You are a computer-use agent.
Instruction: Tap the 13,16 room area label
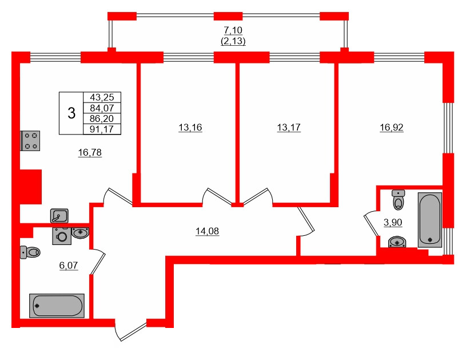pyautogui.click(x=190, y=128)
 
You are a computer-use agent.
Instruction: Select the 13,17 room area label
pyautogui.click(x=288, y=128)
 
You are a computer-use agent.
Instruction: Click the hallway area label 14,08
pyautogui.click(x=208, y=231)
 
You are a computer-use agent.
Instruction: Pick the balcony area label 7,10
pyautogui.click(x=233, y=31)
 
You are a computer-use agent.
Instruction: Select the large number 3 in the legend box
pyautogui.click(x=71, y=113)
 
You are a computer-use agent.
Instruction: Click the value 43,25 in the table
pyautogui.click(x=102, y=98)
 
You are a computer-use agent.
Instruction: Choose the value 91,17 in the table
pyautogui.click(x=102, y=129)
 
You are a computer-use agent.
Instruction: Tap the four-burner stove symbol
pyautogui.click(x=31, y=140)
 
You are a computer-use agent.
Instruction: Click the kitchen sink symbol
pyautogui.click(x=59, y=215)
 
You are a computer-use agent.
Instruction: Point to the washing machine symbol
pyautogui.click(x=61, y=235)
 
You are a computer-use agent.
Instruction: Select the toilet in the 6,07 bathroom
pyautogui.click(x=30, y=251)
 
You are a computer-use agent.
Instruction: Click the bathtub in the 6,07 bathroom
pyautogui.click(x=57, y=306)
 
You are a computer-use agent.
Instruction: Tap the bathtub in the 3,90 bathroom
pyautogui.click(x=430, y=220)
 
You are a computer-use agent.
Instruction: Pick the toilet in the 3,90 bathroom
pyautogui.click(x=399, y=200)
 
